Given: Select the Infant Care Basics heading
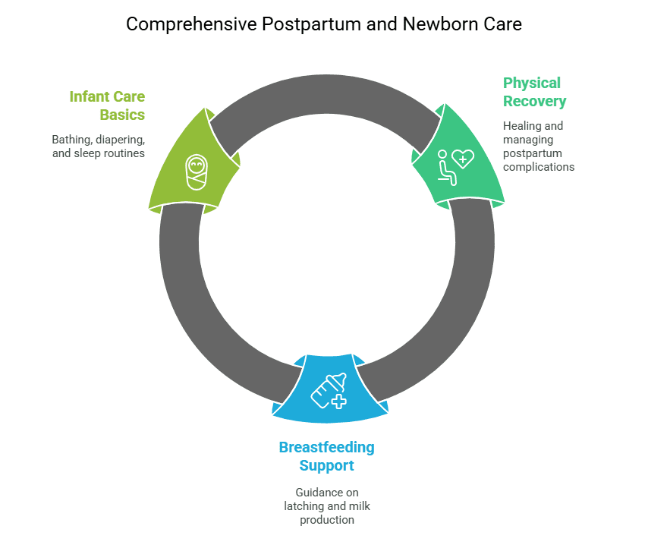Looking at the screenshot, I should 107,106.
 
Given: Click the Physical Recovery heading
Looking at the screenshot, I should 534,92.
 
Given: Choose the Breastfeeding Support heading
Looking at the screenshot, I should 326,456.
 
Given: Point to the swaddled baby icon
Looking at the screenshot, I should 197,172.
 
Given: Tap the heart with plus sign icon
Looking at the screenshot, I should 462,158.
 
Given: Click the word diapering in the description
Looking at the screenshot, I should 118,140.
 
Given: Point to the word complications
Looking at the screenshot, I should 539,167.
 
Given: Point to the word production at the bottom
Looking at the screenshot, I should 326,520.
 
